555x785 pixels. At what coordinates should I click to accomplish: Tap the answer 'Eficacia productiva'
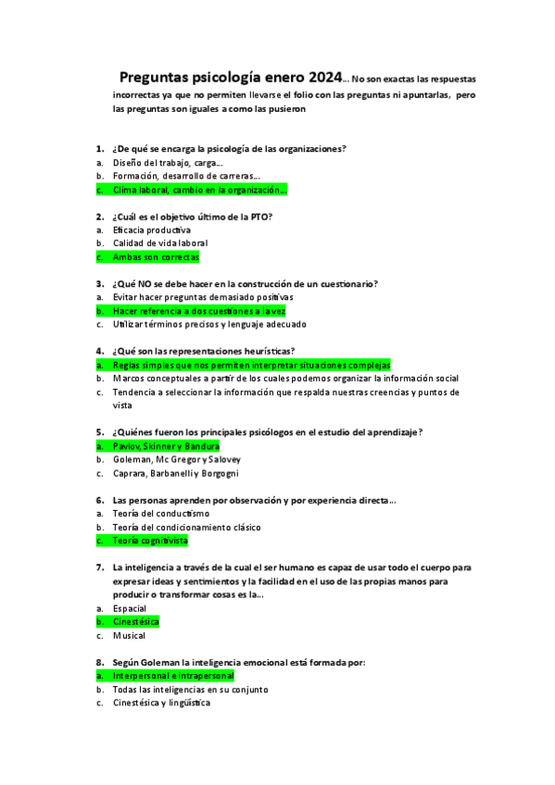click(152, 230)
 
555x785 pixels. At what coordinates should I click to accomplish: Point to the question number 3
click(99, 283)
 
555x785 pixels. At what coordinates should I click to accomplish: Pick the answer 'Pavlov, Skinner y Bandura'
click(166, 446)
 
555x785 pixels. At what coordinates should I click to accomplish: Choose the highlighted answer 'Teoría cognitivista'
click(150, 540)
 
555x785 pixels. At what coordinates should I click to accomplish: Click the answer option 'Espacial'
click(130, 608)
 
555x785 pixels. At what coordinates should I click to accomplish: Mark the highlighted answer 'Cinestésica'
click(136, 622)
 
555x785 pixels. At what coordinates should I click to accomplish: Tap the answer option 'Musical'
click(129, 636)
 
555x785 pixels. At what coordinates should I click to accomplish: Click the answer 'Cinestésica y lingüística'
click(161, 703)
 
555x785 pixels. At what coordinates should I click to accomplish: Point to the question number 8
click(99, 663)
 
